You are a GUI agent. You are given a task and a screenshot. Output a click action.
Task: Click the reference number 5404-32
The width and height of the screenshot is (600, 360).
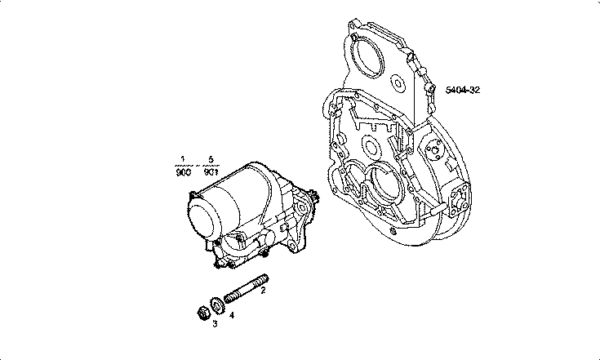[462, 89]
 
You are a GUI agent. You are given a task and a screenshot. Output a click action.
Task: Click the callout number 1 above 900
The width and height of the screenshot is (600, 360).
[184, 158]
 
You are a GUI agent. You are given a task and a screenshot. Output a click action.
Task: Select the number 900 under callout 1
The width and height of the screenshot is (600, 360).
[184, 171]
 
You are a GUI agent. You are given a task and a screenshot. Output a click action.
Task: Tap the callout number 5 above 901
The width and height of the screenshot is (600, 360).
[210, 158]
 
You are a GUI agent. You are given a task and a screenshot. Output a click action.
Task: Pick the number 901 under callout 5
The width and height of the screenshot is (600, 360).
[210, 171]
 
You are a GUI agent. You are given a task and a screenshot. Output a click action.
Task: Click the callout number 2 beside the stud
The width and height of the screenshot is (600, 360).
[262, 300]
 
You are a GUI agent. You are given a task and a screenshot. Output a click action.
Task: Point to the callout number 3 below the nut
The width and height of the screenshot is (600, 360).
[215, 323]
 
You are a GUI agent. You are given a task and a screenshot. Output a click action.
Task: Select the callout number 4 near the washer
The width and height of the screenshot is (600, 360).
[232, 314]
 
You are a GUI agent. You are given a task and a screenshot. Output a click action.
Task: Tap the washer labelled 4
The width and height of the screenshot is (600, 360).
[217, 305]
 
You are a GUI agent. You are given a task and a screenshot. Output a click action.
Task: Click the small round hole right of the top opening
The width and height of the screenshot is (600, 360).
[398, 82]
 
